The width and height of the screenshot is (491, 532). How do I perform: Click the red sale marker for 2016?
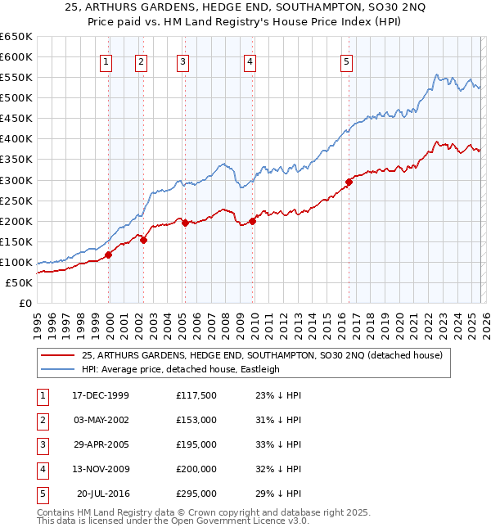coord(349,182)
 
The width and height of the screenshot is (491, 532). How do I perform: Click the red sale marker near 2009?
coord(253,220)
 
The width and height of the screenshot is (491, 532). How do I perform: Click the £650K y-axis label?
coord(16,37)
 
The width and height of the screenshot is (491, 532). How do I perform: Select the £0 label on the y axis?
coord(25,303)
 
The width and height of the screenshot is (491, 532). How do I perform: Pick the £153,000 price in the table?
coord(196,420)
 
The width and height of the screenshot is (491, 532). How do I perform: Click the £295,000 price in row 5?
coord(196,494)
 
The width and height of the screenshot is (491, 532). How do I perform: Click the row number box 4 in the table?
coord(41,469)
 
